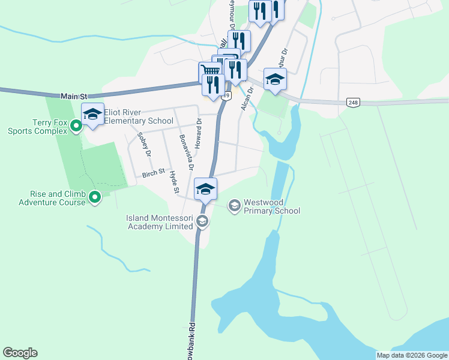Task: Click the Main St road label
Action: [74, 96]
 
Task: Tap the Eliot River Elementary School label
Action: [139, 116]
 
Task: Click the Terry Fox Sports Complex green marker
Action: [76, 126]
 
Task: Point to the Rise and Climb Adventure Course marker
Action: [95, 197]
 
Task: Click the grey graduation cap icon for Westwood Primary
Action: [234, 206]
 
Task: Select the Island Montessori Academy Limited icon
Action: [202, 222]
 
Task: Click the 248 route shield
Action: [353, 103]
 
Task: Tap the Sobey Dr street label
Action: [143, 145]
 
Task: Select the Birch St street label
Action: [153, 173]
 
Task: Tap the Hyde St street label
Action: [175, 182]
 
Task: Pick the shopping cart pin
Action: [210, 71]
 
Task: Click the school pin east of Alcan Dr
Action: [275, 79]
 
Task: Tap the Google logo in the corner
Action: [20, 353]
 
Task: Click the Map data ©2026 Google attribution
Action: [412, 355]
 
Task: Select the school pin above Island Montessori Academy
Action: [205, 188]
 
